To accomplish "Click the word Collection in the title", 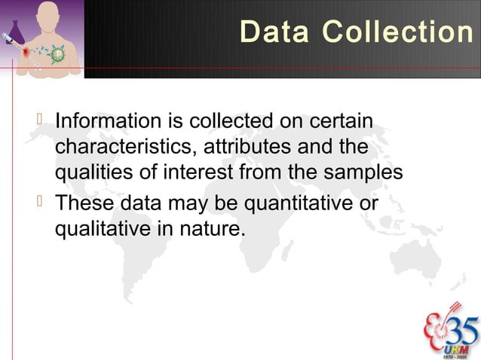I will (397, 32).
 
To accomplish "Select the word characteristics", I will (121, 148).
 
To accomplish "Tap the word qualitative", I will (96, 229).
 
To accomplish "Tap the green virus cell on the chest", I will (52, 53).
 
